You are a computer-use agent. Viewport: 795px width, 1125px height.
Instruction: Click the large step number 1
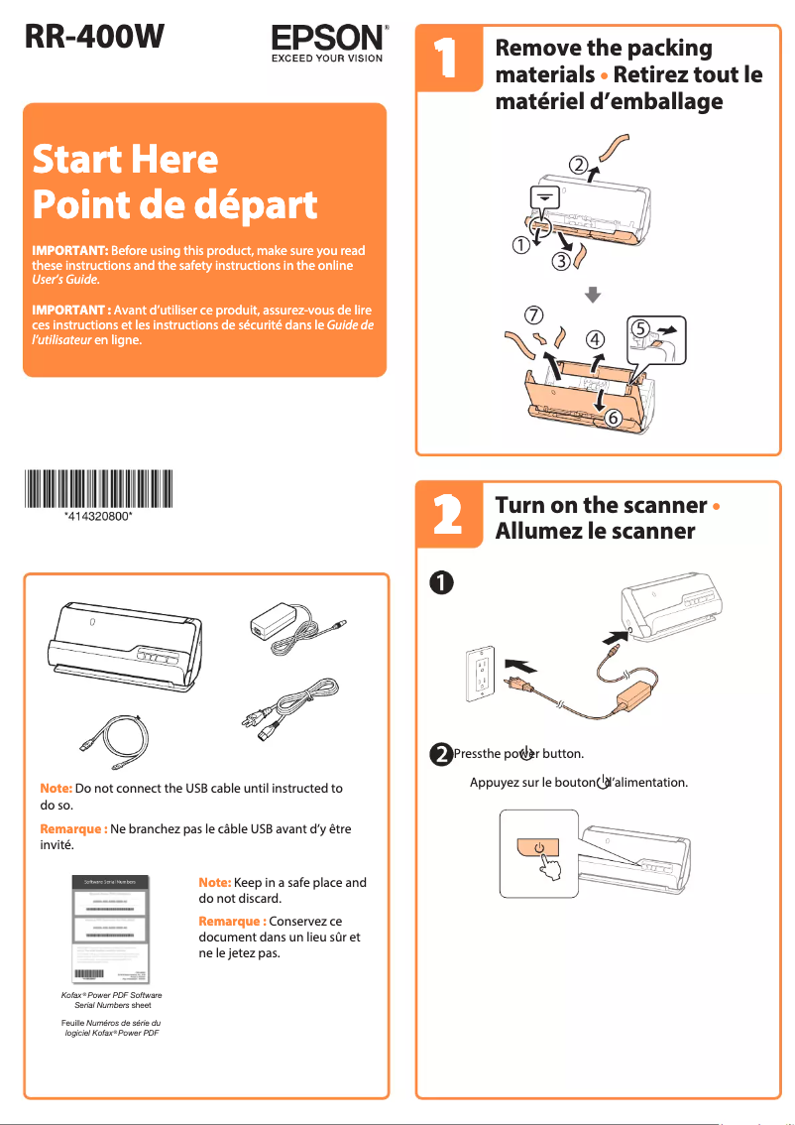[x=446, y=59]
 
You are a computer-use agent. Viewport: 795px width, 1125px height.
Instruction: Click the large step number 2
[x=446, y=517]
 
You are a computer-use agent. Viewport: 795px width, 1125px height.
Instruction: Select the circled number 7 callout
[x=533, y=314]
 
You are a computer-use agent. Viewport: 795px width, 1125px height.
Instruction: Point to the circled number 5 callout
[x=641, y=326]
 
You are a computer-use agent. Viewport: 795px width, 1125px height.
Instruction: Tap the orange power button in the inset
[x=538, y=849]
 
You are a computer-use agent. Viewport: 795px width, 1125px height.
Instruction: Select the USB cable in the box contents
[x=117, y=741]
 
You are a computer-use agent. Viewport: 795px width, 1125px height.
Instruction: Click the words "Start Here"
[x=125, y=159]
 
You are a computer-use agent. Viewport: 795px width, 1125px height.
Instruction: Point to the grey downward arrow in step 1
[x=592, y=294]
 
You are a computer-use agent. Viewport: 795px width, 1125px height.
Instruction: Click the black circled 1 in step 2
[x=440, y=582]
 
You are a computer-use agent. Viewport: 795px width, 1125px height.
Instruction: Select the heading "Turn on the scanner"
[x=601, y=505]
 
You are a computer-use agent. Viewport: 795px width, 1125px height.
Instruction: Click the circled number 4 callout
[x=595, y=339]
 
